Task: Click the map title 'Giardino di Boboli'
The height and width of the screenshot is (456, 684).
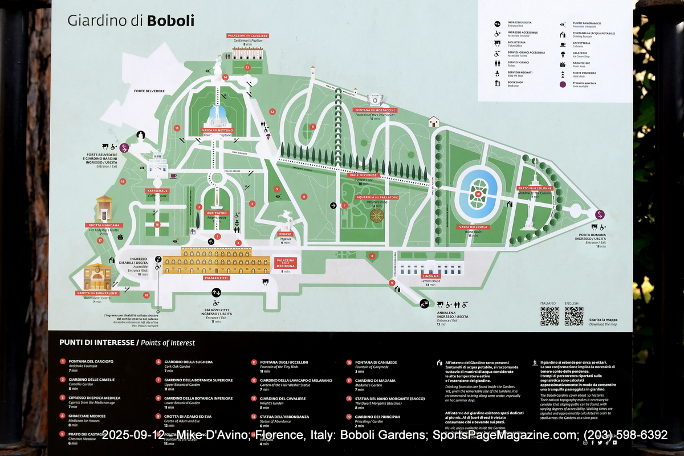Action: [131, 21]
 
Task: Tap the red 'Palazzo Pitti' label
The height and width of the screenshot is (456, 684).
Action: [217, 278]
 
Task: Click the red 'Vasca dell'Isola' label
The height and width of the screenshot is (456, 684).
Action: [474, 227]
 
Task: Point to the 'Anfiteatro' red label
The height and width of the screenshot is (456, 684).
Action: [216, 213]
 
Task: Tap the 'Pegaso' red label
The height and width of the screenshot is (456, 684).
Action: [286, 234]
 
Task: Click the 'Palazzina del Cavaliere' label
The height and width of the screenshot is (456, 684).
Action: [247, 36]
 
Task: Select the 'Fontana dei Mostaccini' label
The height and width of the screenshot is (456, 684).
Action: [374, 110]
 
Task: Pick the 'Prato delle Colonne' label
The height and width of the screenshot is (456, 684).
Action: [535, 188]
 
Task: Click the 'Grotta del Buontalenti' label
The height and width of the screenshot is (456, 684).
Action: [97, 293]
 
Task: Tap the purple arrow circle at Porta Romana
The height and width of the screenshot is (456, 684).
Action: [600, 214]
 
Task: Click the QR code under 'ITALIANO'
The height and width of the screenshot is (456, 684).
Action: [549, 316]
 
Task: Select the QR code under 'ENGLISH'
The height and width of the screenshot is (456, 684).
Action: [573, 316]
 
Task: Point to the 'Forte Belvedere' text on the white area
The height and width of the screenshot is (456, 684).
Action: [149, 91]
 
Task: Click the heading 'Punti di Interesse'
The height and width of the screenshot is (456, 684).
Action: [97, 343]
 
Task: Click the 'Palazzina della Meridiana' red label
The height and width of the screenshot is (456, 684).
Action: [286, 262]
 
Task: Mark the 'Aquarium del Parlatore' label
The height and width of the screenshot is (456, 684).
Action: [377, 197]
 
